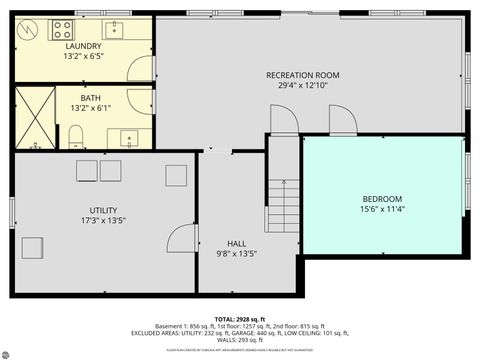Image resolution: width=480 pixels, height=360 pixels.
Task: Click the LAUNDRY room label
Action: [83, 47]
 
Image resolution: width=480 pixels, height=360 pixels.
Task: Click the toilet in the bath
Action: [76, 136]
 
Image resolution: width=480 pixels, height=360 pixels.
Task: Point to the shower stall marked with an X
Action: [35, 118]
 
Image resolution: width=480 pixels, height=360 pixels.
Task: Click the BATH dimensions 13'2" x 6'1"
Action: [91, 109]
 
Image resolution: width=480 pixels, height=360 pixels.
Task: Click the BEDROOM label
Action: [382, 198]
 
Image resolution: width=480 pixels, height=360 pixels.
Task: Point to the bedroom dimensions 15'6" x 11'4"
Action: [382, 209]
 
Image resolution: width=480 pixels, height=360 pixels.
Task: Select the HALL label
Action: [236, 243]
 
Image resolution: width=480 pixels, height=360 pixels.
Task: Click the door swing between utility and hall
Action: [182, 241]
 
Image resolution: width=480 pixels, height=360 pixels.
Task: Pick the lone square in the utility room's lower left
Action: [35, 247]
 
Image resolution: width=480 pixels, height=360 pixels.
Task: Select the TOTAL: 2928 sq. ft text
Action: [239, 319]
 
